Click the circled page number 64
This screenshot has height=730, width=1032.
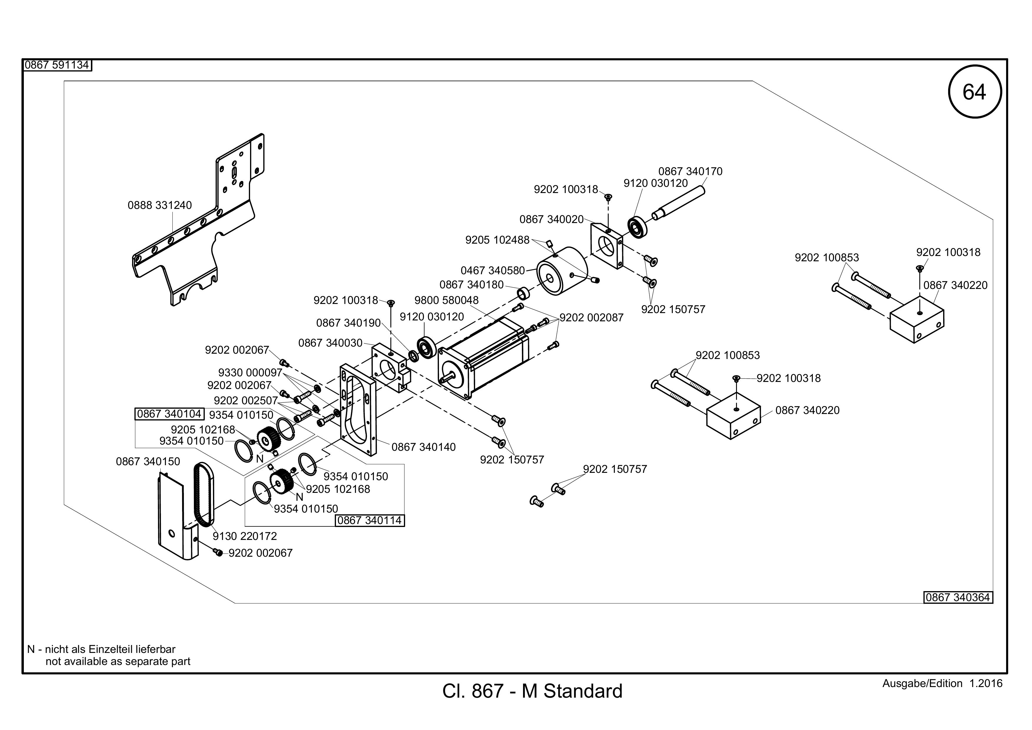point(974,92)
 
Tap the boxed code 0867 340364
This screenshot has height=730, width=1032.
point(958,597)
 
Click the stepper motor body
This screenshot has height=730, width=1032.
point(483,357)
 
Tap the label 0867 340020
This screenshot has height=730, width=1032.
point(552,220)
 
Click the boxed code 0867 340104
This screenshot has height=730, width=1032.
point(169,414)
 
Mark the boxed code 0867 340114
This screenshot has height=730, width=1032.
point(370,521)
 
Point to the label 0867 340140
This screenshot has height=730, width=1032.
point(423,447)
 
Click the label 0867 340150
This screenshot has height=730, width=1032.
point(148,462)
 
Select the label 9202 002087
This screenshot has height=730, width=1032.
point(592,318)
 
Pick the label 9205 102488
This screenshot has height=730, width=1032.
point(497,240)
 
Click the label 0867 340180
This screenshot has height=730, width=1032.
point(472,285)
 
